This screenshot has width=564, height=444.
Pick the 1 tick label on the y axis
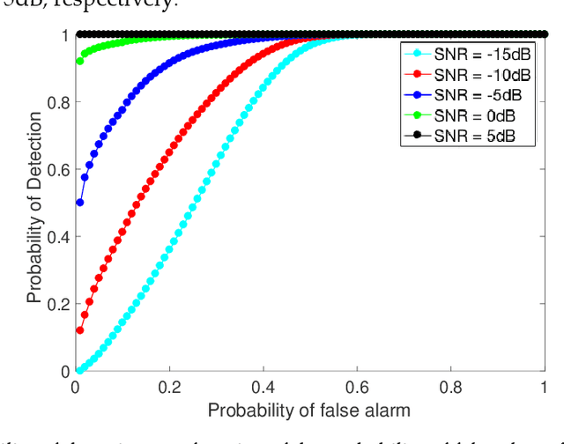64,35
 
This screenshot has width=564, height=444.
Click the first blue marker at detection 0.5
80,203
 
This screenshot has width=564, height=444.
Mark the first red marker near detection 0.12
80,331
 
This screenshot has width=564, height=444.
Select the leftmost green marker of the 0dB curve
80,62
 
